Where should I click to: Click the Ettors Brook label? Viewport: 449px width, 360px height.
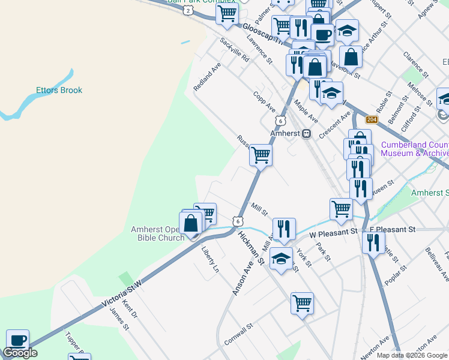click(x=58, y=90)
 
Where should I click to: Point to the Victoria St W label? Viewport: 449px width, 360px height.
click(x=119, y=296)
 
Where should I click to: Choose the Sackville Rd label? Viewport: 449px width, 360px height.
click(x=234, y=50)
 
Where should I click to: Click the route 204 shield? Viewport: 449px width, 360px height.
click(x=372, y=120)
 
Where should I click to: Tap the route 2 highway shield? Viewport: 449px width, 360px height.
click(x=188, y=11)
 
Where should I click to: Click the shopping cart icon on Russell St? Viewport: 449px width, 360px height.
click(x=261, y=154)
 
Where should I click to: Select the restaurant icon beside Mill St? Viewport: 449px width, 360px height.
click(x=284, y=227)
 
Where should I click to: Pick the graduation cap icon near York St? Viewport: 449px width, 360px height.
click(x=281, y=258)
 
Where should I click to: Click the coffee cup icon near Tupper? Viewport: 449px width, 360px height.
click(x=17, y=340)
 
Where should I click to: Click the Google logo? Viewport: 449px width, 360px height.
click(x=20, y=353)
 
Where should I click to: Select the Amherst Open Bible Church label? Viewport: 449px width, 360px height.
click(x=158, y=233)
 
